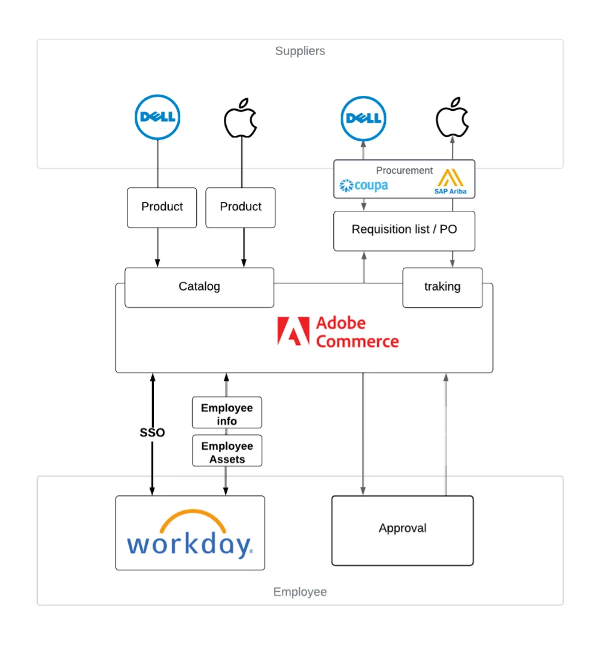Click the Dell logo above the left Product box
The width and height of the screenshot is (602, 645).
(x=157, y=117)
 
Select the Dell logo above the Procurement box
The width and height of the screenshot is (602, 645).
(x=363, y=118)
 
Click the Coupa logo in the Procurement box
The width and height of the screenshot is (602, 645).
(x=364, y=186)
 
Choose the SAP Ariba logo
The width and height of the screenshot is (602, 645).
(x=450, y=182)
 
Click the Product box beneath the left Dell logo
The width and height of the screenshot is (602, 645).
(x=162, y=207)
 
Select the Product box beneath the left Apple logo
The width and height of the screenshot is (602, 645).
(x=241, y=207)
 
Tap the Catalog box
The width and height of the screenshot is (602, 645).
(x=199, y=287)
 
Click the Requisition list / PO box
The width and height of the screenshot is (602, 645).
(x=404, y=230)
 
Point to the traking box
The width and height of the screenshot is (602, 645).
(x=442, y=287)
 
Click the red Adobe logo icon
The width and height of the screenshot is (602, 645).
(x=293, y=331)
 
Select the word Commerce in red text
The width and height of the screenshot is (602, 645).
(x=357, y=342)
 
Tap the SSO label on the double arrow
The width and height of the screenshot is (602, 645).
(x=152, y=432)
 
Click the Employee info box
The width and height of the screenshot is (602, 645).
(x=227, y=414)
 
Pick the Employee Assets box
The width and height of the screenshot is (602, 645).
(x=227, y=452)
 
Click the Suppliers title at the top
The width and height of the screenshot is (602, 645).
(x=300, y=51)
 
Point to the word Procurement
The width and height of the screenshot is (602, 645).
(x=404, y=171)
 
